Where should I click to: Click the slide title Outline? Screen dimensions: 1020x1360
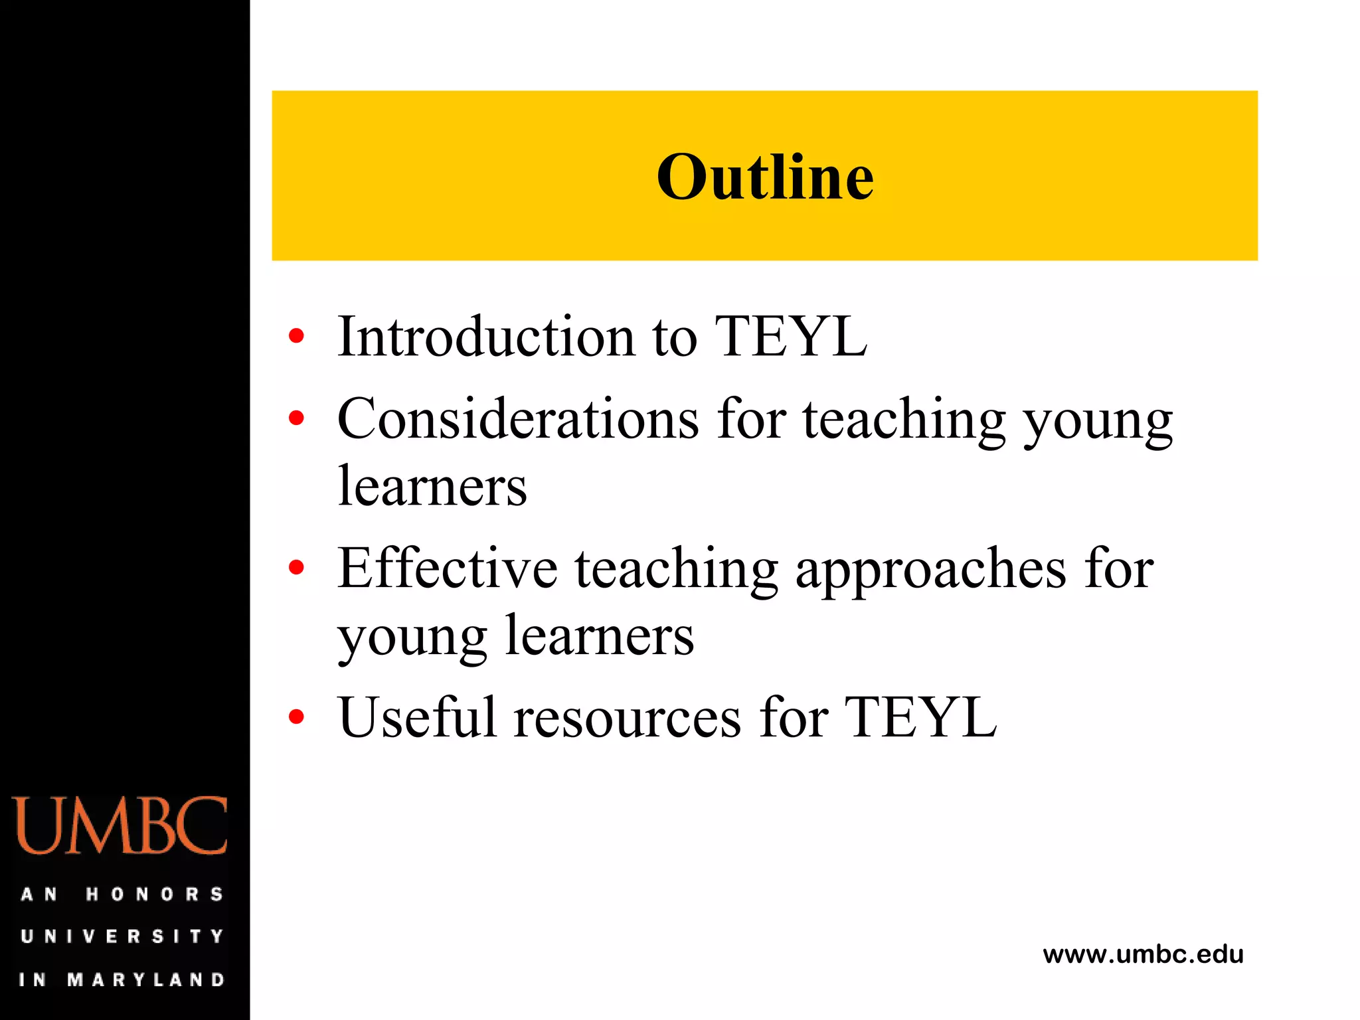[765, 177]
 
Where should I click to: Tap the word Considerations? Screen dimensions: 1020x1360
[518, 420]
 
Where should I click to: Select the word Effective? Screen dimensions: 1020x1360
[447, 568]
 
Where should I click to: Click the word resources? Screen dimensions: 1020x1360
[628, 719]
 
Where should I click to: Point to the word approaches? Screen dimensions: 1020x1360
[930, 570]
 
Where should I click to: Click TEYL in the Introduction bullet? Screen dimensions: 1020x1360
[790, 337]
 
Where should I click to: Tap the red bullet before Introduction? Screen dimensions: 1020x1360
[296, 336]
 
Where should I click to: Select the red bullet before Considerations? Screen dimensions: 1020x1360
[296, 418]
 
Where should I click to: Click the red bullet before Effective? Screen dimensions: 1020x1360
[296, 567]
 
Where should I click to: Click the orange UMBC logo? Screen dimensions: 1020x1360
[120, 825]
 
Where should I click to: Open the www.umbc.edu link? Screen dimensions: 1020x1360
[1143, 955]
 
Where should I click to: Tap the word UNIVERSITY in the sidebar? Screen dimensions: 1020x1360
[122, 936]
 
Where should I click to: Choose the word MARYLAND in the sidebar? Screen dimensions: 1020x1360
[146, 979]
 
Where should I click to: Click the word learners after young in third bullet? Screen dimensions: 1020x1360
[600, 636]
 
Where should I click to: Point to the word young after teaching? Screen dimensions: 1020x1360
[1098, 421]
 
